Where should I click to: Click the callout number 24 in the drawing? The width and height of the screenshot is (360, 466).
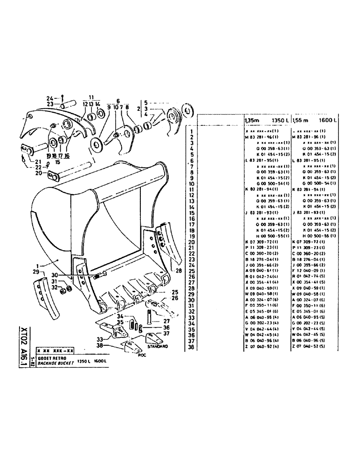50,98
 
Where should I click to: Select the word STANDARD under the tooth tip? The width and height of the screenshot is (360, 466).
157,347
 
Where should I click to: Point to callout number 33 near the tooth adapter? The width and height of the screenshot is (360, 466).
99,339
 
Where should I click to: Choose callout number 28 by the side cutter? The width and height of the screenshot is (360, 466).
179,271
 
